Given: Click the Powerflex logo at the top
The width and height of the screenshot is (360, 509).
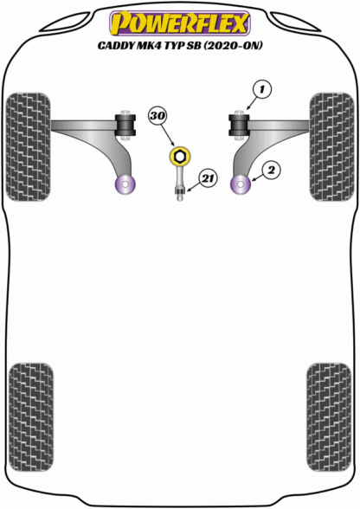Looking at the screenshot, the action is coord(179,23).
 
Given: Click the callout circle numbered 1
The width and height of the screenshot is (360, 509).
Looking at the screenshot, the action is coord(261,89).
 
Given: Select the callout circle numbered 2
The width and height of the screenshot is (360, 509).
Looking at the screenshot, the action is coord(271,170).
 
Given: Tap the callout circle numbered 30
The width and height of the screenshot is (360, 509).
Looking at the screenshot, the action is coord(157,116).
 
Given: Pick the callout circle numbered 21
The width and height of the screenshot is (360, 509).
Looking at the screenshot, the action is coord(208,178).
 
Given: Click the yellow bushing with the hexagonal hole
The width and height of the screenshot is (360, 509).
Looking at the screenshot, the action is coord(179,156).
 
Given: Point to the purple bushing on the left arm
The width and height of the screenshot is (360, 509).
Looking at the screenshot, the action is coord(125,184).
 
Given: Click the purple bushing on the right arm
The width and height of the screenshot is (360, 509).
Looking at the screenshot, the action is coord(241,184).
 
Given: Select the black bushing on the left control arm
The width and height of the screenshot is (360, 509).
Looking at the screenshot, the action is coord(125,125).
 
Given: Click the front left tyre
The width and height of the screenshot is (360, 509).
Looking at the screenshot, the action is coord(28,147).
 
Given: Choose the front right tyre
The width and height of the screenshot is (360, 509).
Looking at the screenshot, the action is coord(332,147).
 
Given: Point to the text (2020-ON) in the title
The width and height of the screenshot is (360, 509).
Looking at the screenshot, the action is coord(233,45).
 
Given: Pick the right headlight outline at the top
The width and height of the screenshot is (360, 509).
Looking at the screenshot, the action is coord(295,23).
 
